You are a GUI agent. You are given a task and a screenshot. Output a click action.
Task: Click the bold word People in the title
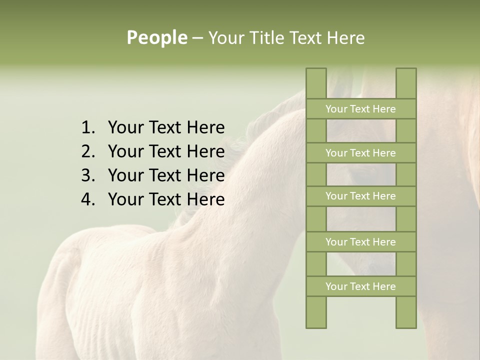(156, 38)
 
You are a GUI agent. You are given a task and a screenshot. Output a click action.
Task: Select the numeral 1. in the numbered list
(88, 128)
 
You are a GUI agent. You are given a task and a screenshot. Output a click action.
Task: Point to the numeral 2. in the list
(88, 151)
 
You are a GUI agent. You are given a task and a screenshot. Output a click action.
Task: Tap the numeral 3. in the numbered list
(88, 175)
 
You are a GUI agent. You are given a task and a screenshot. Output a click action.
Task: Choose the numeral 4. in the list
(88, 199)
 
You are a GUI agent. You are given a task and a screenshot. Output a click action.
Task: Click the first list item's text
(166, 128)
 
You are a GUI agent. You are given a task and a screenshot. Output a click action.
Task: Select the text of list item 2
(166, 151)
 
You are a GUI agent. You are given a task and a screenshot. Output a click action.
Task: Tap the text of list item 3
(166, 175)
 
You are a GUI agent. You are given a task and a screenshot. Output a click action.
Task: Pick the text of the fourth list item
(166, 199)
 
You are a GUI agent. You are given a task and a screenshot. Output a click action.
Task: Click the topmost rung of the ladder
(361, 109)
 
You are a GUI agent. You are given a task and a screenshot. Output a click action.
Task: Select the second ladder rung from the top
(361, 153)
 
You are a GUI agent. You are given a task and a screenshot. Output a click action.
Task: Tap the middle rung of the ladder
(361, 196)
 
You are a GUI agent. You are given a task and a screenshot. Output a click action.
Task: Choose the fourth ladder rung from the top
(361, 242)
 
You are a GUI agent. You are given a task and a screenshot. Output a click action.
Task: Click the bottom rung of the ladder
(361, 286)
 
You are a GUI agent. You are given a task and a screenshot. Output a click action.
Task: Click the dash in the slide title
(197, 38)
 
